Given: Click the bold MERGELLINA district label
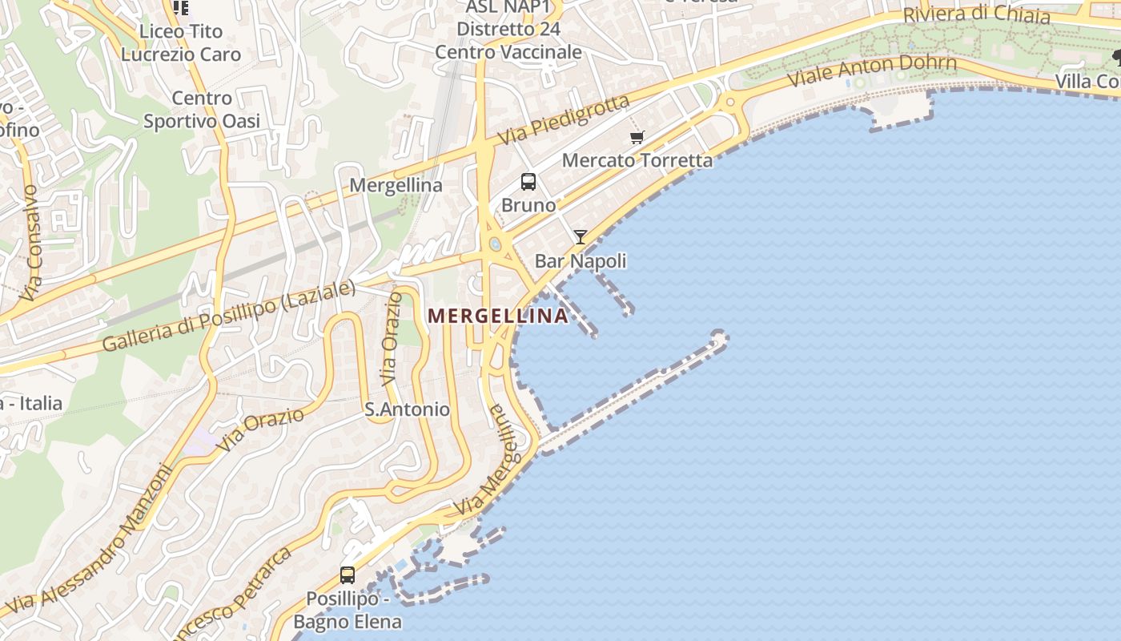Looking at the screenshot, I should [498, 316].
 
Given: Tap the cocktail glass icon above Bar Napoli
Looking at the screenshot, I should [581, 237].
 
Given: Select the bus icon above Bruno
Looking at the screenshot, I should [528, 182].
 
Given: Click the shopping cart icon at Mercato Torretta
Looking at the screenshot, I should [637, 138].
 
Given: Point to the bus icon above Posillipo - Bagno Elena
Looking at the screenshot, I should [348, 574].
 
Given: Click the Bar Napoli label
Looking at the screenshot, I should [581, 261].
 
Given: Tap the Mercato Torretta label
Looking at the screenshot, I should [637, 160].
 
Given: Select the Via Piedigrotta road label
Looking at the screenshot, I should [564, 121].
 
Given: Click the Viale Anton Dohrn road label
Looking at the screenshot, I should [872, 71].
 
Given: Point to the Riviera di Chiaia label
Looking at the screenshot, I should [976, 15].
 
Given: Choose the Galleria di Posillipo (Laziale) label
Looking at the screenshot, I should [228, 316].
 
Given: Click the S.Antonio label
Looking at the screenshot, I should [407, 409].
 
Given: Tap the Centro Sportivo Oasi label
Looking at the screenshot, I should [202, 110].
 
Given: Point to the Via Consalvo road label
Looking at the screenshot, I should [30, 244].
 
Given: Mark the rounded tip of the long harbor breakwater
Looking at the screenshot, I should [718, 338].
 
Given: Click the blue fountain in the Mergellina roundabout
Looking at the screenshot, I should [495, 244].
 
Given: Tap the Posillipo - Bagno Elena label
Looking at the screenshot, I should [348, 610].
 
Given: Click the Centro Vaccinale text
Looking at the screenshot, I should [508, 52].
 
